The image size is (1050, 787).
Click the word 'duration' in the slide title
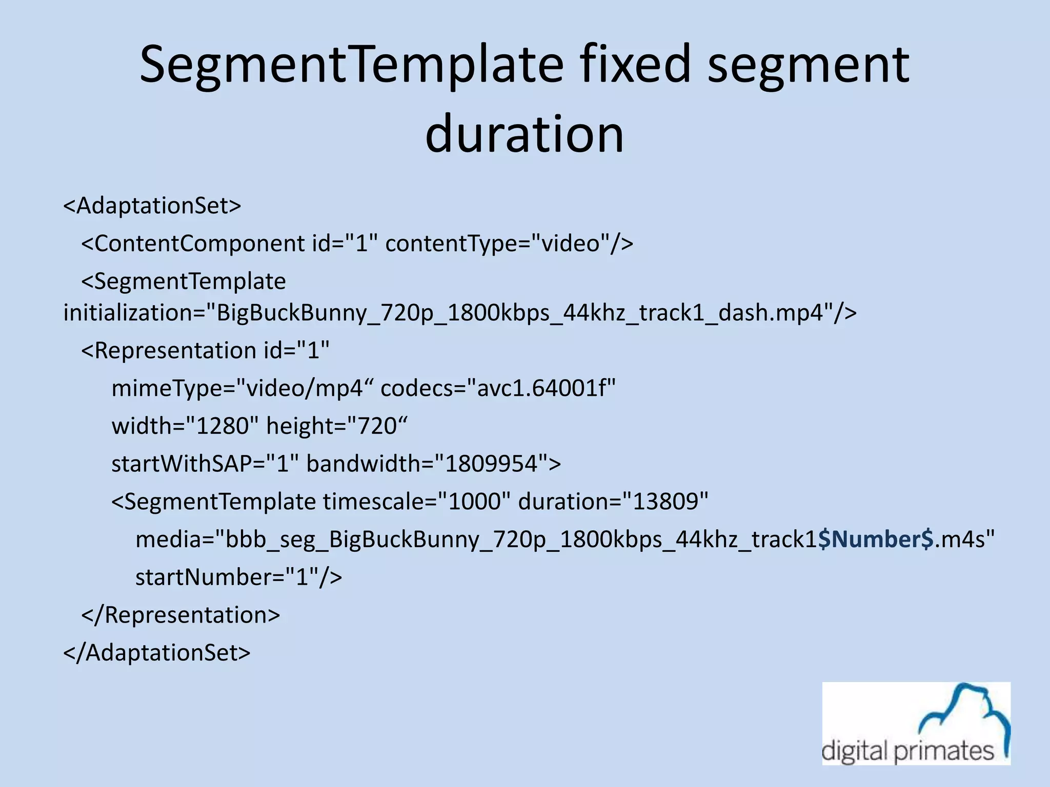[x=524, y=134]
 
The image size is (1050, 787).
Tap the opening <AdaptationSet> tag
[x=152, y=206]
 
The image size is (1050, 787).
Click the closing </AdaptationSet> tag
[x=156, y=653]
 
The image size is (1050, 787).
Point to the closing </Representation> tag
[x=180, y=615]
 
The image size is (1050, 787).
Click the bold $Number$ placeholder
[x=876, y=540]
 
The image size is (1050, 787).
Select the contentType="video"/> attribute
[x=509, y=243]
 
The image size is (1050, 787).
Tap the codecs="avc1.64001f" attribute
[x=498, y=388]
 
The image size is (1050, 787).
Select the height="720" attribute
[x=336, y=426]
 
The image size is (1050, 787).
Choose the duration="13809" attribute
[x=613, y=502]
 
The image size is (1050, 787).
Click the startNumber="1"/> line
[x=238, y=577]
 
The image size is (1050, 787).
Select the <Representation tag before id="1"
[x=169, y=351]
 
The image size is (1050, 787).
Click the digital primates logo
[x=916, y=723]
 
